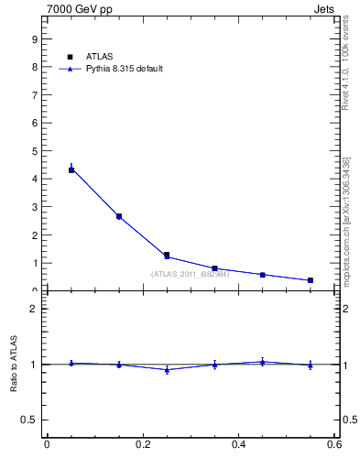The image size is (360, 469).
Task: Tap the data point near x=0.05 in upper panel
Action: pyautogui.click(x=71, y=169)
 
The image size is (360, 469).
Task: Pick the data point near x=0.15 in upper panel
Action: pyautogui.click(x=119, y=216)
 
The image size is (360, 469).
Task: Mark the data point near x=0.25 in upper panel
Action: pyautogui.click(x=167, y=256)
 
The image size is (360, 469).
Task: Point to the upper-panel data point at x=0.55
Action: pyautogui.click(x=311, y=280)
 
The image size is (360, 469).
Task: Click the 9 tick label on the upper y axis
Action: pyautogui.click(x=34, y=39)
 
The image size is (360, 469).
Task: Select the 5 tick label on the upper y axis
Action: pyautogui.click(x=34, y=151)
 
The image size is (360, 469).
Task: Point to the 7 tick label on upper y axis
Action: pyautogui.click(x=34, y=95)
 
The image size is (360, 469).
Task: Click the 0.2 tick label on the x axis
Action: pyautogui.click(x=143, y=445)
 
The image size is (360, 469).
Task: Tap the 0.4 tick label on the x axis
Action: pyautogui.click(x=238, y=445)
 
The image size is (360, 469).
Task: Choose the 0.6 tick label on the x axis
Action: pyautogui.click(x=334, y=445)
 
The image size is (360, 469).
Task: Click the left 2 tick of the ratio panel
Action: pyautogui.click(x=34, y=309)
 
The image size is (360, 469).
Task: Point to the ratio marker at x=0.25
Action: pyautogui.click(x=167, y=369)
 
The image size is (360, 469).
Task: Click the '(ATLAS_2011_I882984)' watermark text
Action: pyautogui.click(x=190, y=274)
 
